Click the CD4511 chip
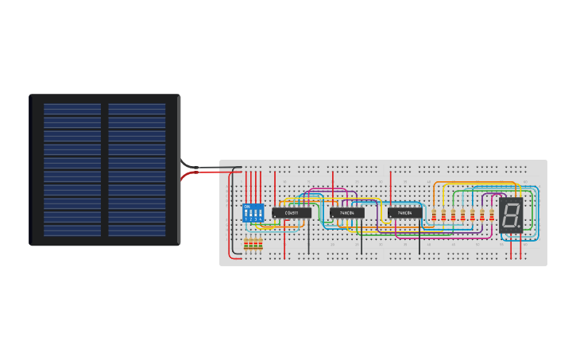pyautogui.click(x=291, y=213)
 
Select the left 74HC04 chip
pyautogui.click(x=346, y=213)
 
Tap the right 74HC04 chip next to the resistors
pyautogui.click(x=404, y=213)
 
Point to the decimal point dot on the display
pyautogui.click(x=520, y=226)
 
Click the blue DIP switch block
pyautogui.click(x=253, y=213)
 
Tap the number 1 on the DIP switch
pyautogui.click(x=246, y=219)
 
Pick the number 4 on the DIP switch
pyautogui.click(x=260, y=219)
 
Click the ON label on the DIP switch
pyautogui.click(x=246, y=207)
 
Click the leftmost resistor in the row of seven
pyautogui.click(x=434, y=215)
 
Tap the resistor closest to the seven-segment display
pyautogui.click(x=491, y=215)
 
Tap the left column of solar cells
pyautogui.click(x=72, y=170)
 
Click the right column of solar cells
pyautogui.click(x=137, y=170)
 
